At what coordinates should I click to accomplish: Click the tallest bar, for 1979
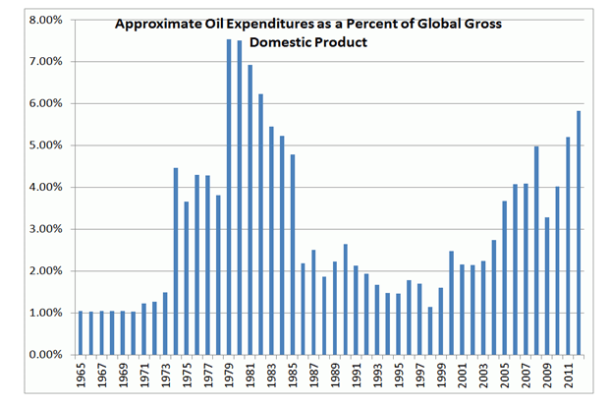229,197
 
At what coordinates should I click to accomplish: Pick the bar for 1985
293,255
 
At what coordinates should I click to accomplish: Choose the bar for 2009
547,285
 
